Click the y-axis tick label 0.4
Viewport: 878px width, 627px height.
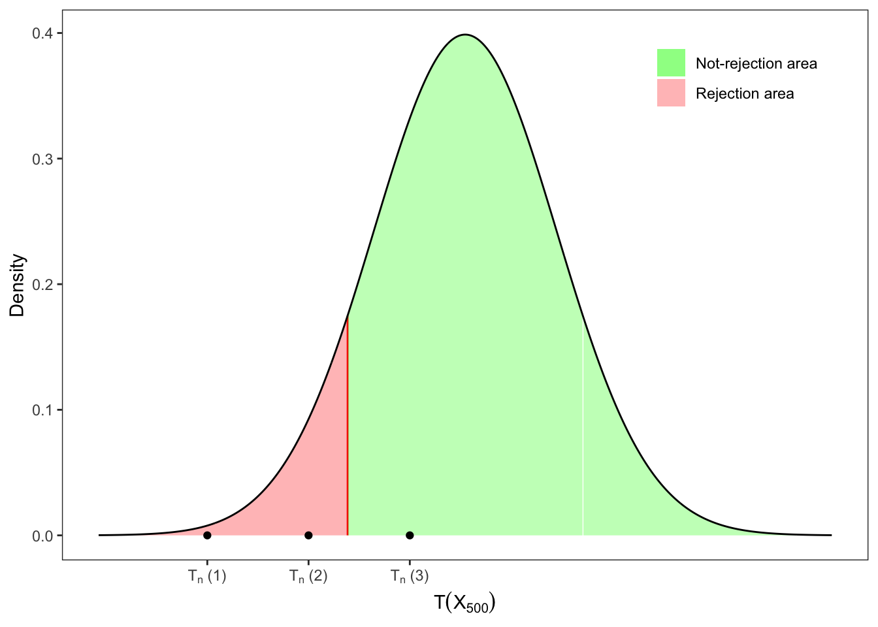(42, 33)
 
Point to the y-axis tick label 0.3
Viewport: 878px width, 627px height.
(42, 159)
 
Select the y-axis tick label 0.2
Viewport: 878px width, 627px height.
(42, 284)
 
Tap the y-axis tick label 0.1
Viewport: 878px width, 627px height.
(42, 410)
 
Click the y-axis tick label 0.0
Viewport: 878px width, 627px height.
(42, 536)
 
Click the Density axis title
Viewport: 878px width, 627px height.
(18, 285)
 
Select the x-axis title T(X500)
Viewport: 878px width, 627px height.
(464, 603)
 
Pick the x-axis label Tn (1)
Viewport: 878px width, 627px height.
(207, 576)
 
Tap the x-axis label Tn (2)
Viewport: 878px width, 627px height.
(308, 576)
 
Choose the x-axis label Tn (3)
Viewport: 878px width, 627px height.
(410, 576)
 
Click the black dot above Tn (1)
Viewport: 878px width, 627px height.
(207, 536)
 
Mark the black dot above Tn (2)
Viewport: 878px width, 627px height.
(308, 536)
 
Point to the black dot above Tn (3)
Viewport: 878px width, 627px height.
(410, 536)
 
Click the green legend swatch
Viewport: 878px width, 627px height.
(671, 63)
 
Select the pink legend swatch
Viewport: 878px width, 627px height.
(671, 93)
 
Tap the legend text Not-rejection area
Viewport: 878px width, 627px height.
(756, 64)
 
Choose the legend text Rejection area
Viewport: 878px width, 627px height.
(745, 94)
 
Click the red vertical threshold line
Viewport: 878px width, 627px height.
(348, 425)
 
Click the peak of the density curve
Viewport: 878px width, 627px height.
(465, 35)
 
